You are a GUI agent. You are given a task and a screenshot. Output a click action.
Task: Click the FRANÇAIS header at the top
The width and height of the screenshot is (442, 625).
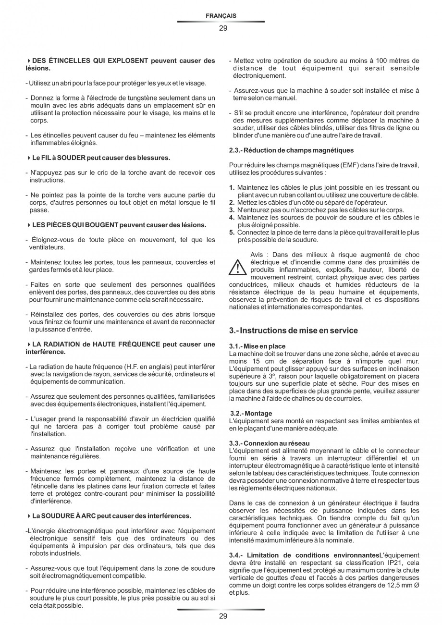point(221,16)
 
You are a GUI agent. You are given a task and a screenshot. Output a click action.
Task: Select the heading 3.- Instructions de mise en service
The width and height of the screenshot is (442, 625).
point(294,331)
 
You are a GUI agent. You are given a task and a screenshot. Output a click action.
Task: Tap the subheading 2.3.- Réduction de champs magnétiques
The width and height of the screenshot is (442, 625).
point(291,150)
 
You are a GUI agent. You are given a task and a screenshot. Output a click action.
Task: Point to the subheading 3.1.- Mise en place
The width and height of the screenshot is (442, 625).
point(258,346)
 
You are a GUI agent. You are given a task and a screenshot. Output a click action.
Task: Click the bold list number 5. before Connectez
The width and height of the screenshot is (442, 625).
point(232,233)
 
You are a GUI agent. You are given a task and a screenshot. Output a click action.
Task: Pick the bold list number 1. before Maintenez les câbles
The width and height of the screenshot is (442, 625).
point(232,187)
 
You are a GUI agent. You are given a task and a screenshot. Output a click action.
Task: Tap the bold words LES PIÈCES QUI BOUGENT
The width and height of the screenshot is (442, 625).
point(75,225)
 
